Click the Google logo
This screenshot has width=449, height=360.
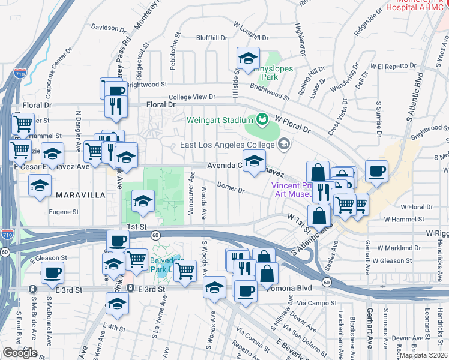[x=20, y=353]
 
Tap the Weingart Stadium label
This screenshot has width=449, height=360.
[x=219, y=120]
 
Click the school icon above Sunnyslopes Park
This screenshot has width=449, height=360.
[x=247, y=58]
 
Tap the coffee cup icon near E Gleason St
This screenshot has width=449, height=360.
[x=52, y=273]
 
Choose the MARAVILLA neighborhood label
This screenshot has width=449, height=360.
[x=80, y=195]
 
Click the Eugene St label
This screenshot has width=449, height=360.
[x=64, y=212]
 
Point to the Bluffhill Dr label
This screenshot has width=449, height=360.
[x=212, y=37]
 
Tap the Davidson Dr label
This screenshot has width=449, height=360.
[x=106, y=28]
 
